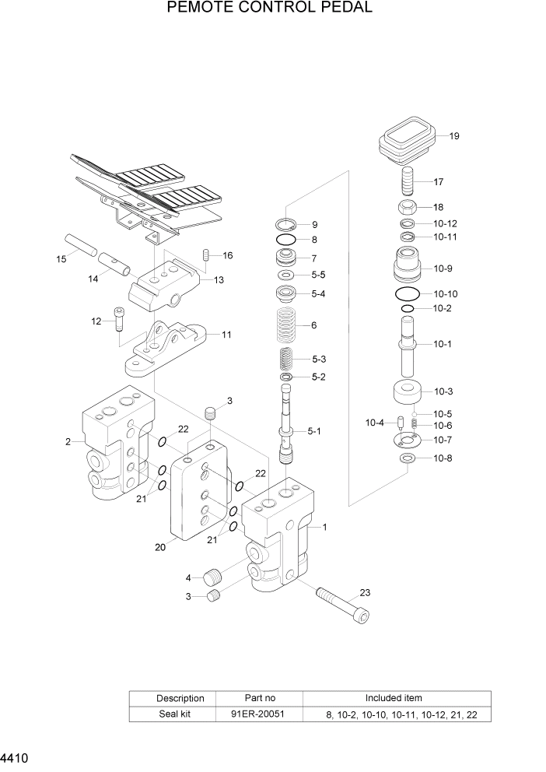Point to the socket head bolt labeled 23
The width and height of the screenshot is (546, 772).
[x=341, y=603]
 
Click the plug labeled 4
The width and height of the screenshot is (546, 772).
[x=213, y=577]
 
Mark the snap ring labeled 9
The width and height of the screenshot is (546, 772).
[x=285, y=224]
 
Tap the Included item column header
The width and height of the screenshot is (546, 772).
[x=394, y=698]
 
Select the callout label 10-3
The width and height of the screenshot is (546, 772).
[x=443, y=391]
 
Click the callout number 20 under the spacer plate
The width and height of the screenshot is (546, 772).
[x=159, y=547]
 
